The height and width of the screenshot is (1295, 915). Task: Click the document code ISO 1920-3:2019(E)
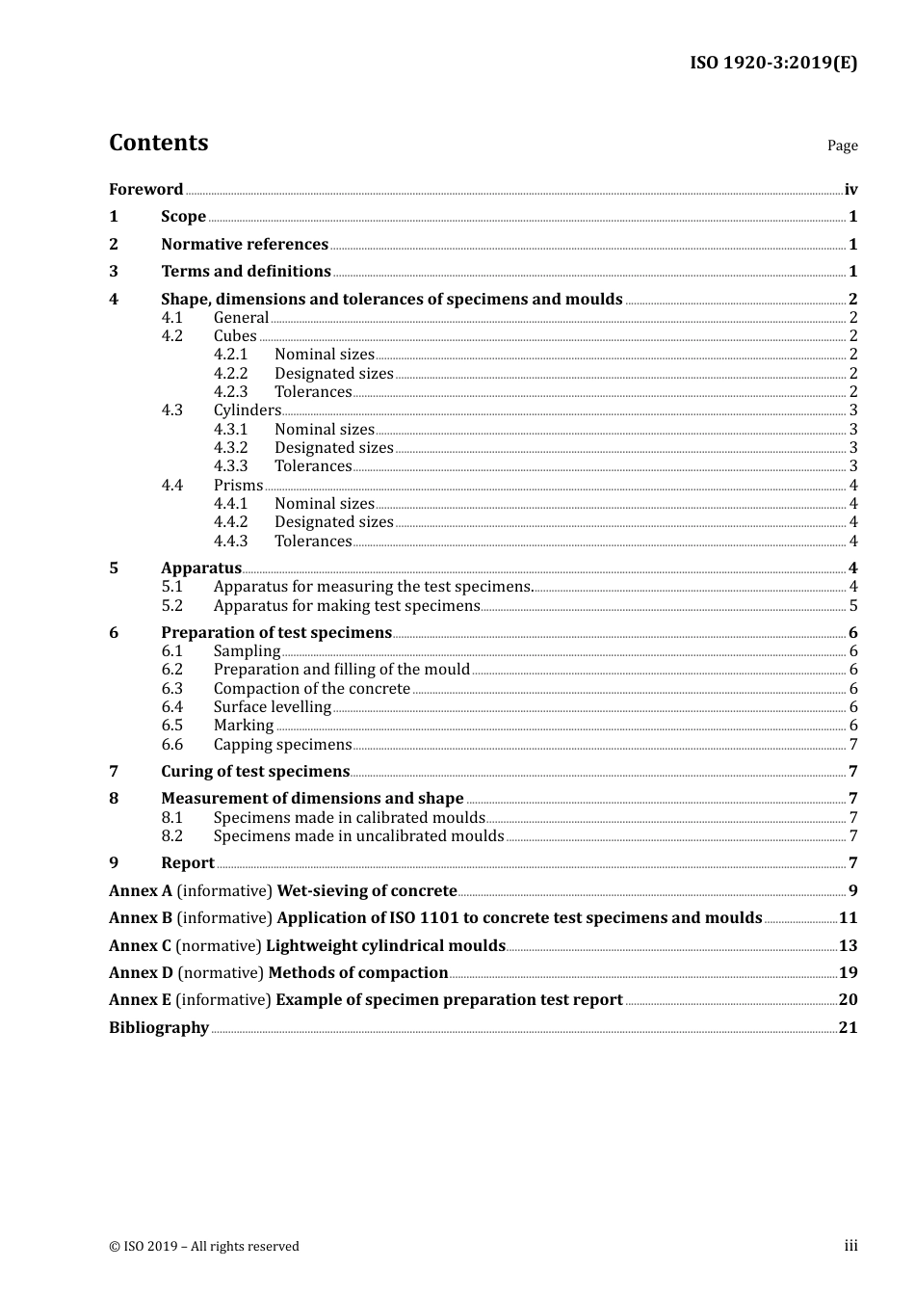[x=772, y=63]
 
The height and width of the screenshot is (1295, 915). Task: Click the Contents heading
[x=158, y=143]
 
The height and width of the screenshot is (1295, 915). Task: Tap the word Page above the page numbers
[x=842, y=145]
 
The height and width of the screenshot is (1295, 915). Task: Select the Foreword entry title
[x=145, y=190]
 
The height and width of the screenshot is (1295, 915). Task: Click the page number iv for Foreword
[x=850, y=190]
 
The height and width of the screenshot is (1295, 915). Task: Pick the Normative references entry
[x=245, y=245]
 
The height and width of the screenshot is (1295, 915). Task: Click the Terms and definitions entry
[x=246, y=272]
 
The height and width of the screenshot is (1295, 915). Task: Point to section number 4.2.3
[x=230, y=392]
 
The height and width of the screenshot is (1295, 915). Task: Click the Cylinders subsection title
[x=247, y=410]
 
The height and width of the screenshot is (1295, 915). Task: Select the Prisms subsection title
[x=238, y=486]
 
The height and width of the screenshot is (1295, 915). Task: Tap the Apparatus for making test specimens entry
[x=347, y=606]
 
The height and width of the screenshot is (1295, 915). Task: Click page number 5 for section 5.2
[x=852, y=606]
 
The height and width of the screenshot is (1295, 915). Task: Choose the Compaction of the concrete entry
[x=312, y=689]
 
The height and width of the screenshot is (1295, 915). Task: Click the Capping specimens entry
[x=282, y=745]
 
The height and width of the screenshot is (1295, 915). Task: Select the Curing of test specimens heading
[x=255, y=772]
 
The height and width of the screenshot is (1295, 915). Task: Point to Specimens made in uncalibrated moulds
[x=358, y=836]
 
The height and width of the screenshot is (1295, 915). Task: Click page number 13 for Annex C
[x=848, y=946]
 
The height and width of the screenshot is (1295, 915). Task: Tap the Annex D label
[x=141, y=973]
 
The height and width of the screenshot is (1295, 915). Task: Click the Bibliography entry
[x=159, y=1028]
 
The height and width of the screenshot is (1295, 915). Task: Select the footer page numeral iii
[x=850, y=1246]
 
